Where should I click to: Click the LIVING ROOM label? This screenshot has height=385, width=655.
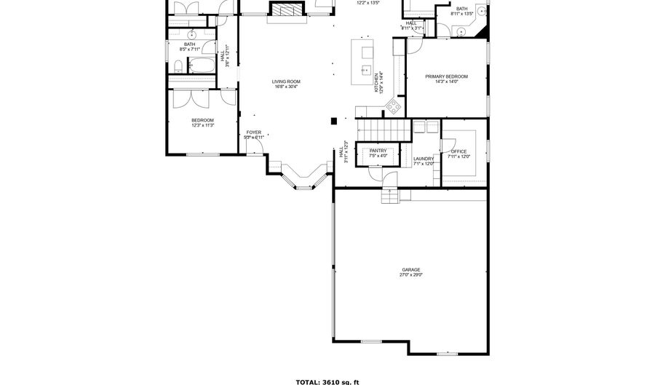(286, 82)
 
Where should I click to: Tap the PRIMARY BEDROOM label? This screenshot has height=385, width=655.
(446, 76)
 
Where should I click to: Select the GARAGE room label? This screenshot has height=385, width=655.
(410, 269)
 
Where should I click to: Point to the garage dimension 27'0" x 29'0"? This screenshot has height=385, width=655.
(410, 275)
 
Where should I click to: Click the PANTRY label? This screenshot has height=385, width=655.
(378, 151)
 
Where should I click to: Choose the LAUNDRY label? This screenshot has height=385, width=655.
(424, 159)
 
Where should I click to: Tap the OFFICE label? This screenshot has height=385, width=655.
(458, 151)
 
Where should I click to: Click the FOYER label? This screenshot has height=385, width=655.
(253, 132)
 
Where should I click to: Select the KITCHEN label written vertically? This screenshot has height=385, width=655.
(376, 82)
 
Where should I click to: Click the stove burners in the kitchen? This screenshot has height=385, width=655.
(393, 107)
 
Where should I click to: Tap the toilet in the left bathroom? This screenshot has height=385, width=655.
(178, 68)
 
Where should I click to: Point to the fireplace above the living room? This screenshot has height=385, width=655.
(285, 9)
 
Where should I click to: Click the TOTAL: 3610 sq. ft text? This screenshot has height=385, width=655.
(327, 381)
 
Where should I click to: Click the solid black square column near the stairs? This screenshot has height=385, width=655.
(333, 120)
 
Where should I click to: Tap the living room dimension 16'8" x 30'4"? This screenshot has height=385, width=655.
(286, 87)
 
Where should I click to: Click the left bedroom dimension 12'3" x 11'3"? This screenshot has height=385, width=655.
(202, 125)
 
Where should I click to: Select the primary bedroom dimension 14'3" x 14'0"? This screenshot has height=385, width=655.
(446, 82)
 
